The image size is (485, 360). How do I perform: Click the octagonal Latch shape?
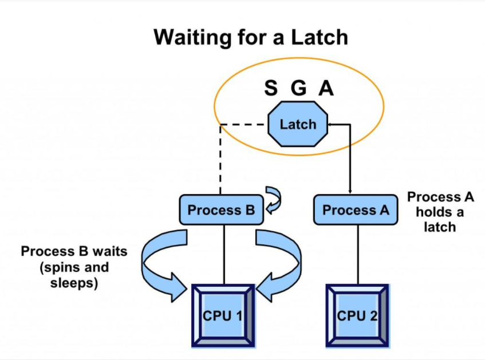click(x=298, y=124)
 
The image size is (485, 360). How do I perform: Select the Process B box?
click(x=222, y=209)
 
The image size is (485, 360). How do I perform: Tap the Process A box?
click(x=356, y=209)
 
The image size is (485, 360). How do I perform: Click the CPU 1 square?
click(x=223, y=316)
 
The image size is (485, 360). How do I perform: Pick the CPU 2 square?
click(x=357, y=316)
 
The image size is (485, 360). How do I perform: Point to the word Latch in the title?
click(x=320, y=37)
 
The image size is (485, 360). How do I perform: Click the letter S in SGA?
click(x=271, y=88)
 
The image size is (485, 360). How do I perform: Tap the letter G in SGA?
click(x=299, y=88)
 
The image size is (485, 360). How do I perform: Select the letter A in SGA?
click(x=326, y=88)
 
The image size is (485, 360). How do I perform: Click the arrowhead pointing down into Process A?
click(x=350, y=191)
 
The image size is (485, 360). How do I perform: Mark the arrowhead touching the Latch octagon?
click(x=330, y=124)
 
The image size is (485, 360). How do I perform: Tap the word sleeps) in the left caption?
click(x=74, y=283)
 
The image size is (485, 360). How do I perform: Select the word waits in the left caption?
click(x=110, y=251)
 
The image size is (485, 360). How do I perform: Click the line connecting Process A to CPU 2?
click(x=358, y=255)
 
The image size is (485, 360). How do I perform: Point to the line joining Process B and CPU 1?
click(x=224, y=255)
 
